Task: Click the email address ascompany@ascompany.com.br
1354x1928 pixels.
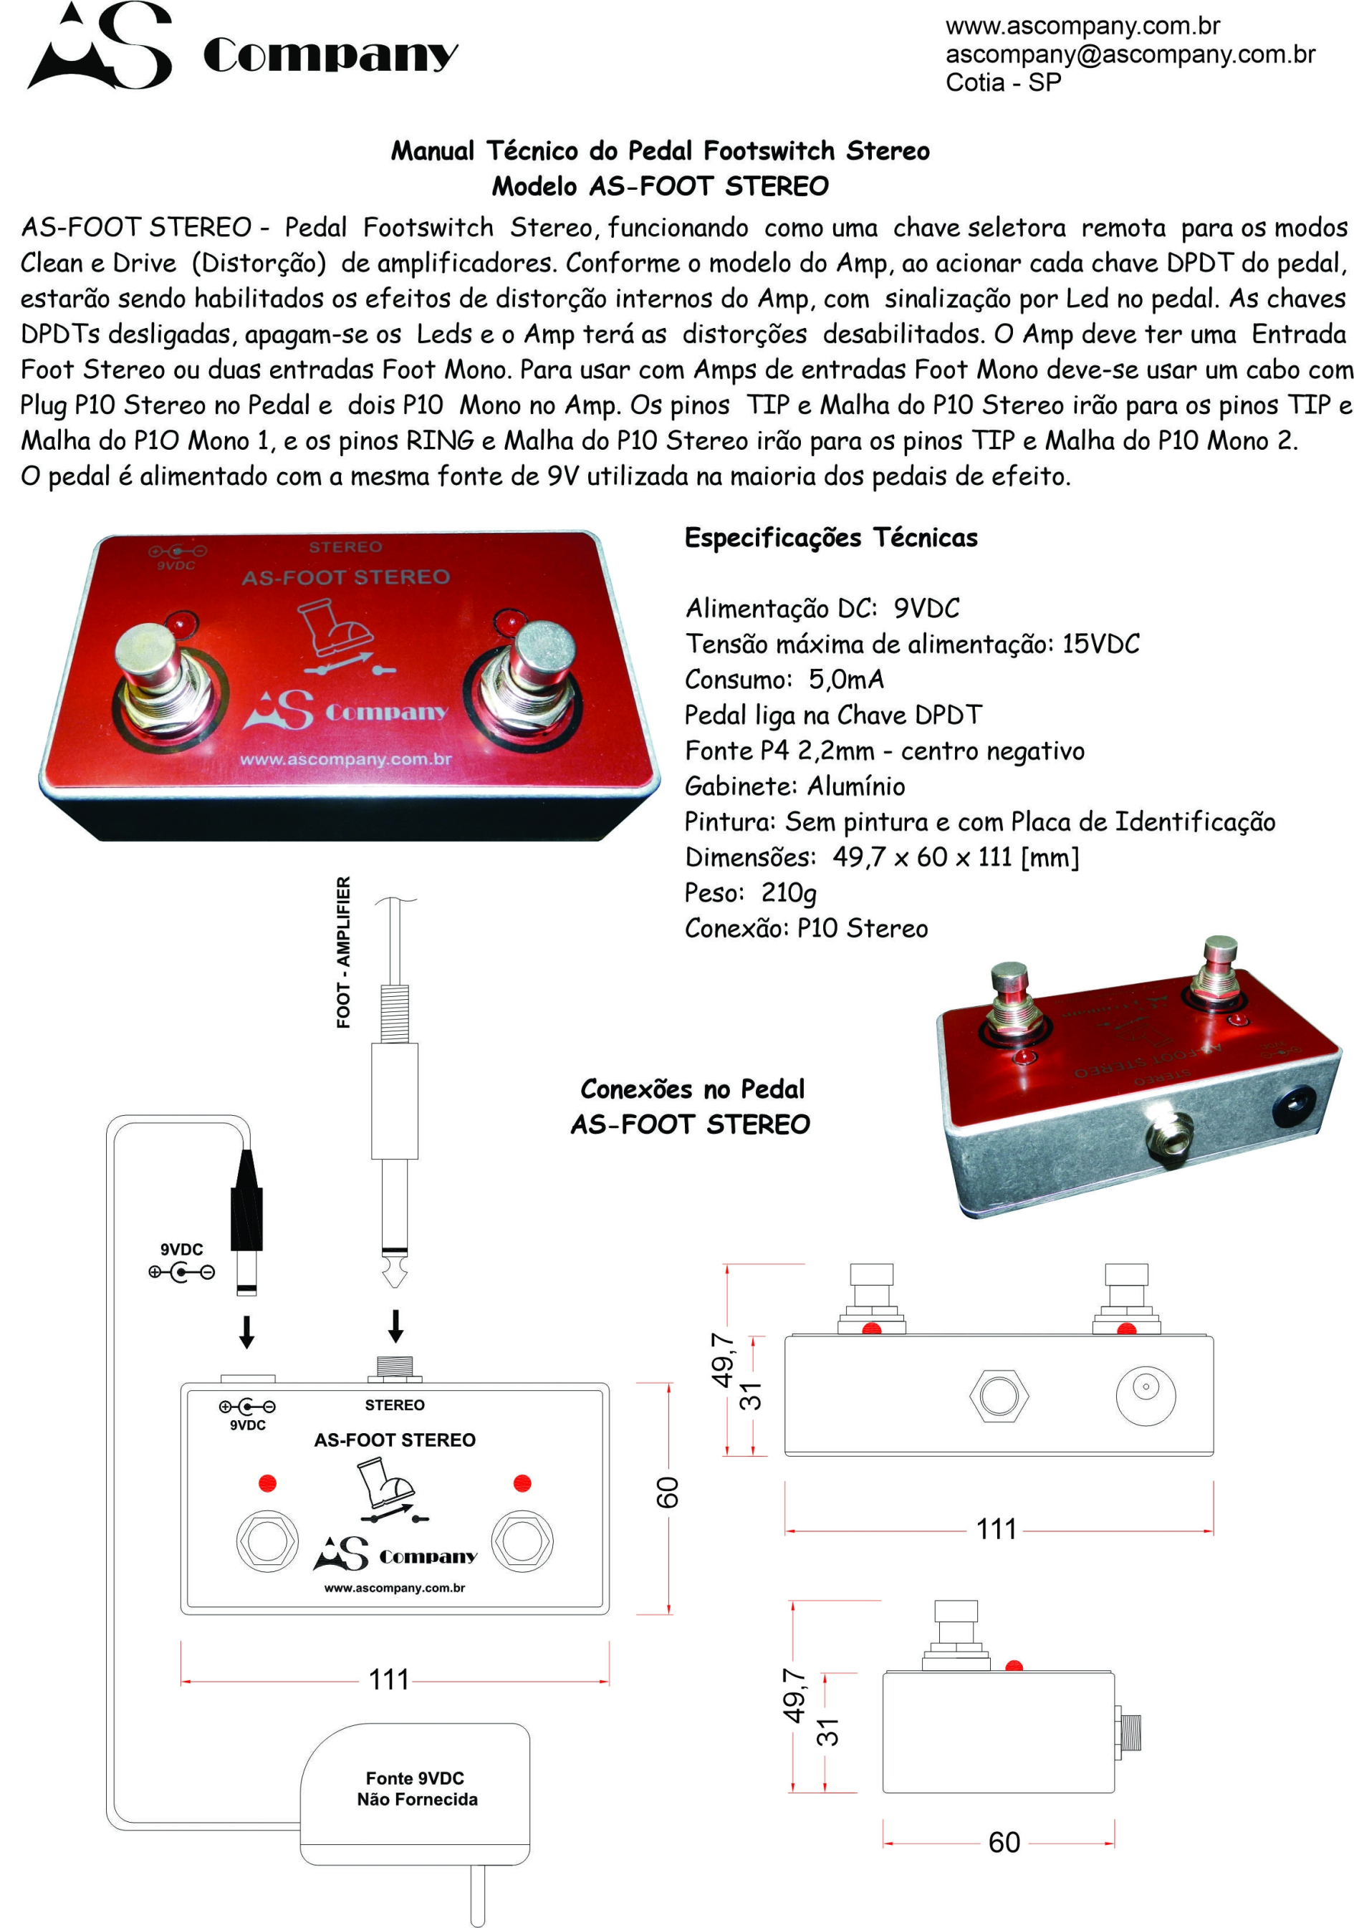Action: (x=1129, y=54)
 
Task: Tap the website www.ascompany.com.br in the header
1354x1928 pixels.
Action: (x=1082, y=26)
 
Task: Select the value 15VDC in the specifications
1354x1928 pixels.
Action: (x=1100, y=644)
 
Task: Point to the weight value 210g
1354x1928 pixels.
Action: (x=788, y=892)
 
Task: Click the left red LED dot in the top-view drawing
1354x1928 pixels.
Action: (x=267, y=1483)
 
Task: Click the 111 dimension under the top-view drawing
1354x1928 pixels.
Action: (x=389, y=1679)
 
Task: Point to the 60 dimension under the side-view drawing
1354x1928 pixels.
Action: (x=1004, y=1842)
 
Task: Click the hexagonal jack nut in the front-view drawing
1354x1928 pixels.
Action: (x=998, y=1396)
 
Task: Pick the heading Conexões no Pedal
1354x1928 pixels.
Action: (x=692, y=1089)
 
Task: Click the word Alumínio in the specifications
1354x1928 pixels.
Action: (x=856, y=786)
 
